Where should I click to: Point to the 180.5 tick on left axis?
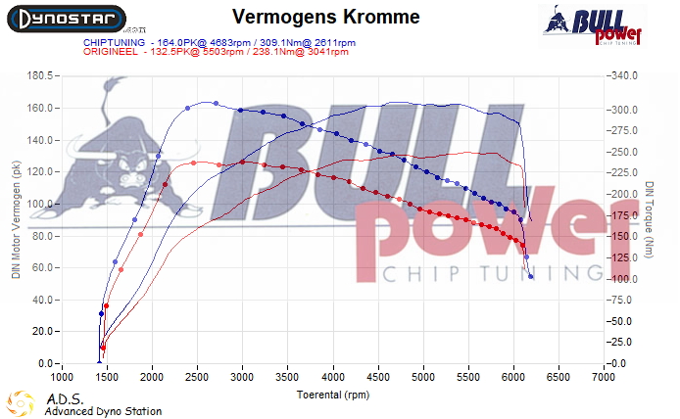click(38, 75)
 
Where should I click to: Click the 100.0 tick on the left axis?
click(38, 204)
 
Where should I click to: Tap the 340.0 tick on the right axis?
click(623, 75)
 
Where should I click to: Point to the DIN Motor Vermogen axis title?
click(16, 220)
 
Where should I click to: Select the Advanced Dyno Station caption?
click(103, 411)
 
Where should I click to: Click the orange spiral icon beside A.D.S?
click(19, 403)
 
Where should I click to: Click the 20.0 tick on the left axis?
click(40, 332)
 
